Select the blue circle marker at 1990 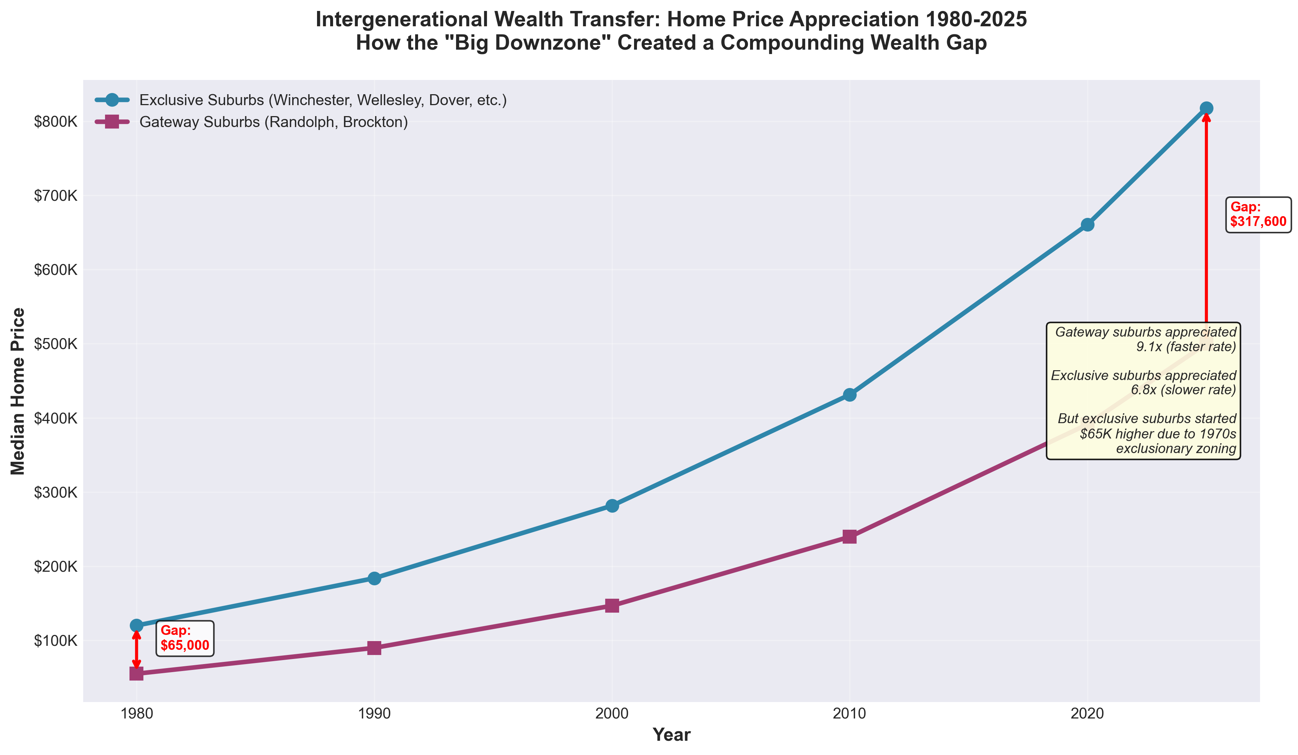pos(374,578)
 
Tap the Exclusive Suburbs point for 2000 pos(612,506)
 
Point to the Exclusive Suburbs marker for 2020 pos(1088,225)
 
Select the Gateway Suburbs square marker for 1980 pos(136,674)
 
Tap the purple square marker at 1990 pos(374,648)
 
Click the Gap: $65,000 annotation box pos(184,638)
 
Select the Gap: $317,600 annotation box pos(1258,214)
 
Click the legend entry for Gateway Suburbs pos(273,122)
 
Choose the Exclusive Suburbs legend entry pos(322,100)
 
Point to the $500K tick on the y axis pos(55,344)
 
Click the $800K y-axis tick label pos(55,122)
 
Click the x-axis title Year pos(671,735)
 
